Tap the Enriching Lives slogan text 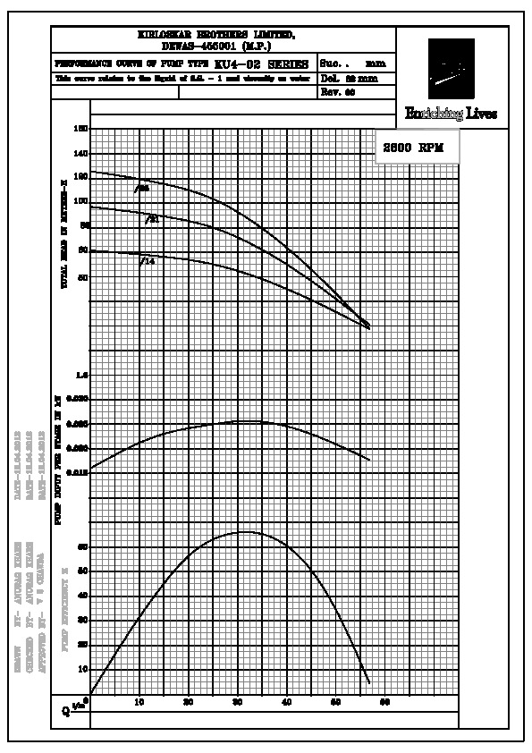(451, 114)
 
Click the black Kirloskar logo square (451, 68)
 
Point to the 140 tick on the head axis (82, 153)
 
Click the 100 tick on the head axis (82, 201)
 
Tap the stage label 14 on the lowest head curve (148, 261)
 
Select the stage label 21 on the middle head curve (153, 218)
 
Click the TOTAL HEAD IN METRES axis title (63, 233)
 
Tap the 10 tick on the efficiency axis (83, 668)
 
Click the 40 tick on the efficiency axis (83, 595)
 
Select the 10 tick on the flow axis (139, 703)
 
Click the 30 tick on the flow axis (237, 703)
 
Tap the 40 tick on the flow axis (286, 703)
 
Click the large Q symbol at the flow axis (65, 712)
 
